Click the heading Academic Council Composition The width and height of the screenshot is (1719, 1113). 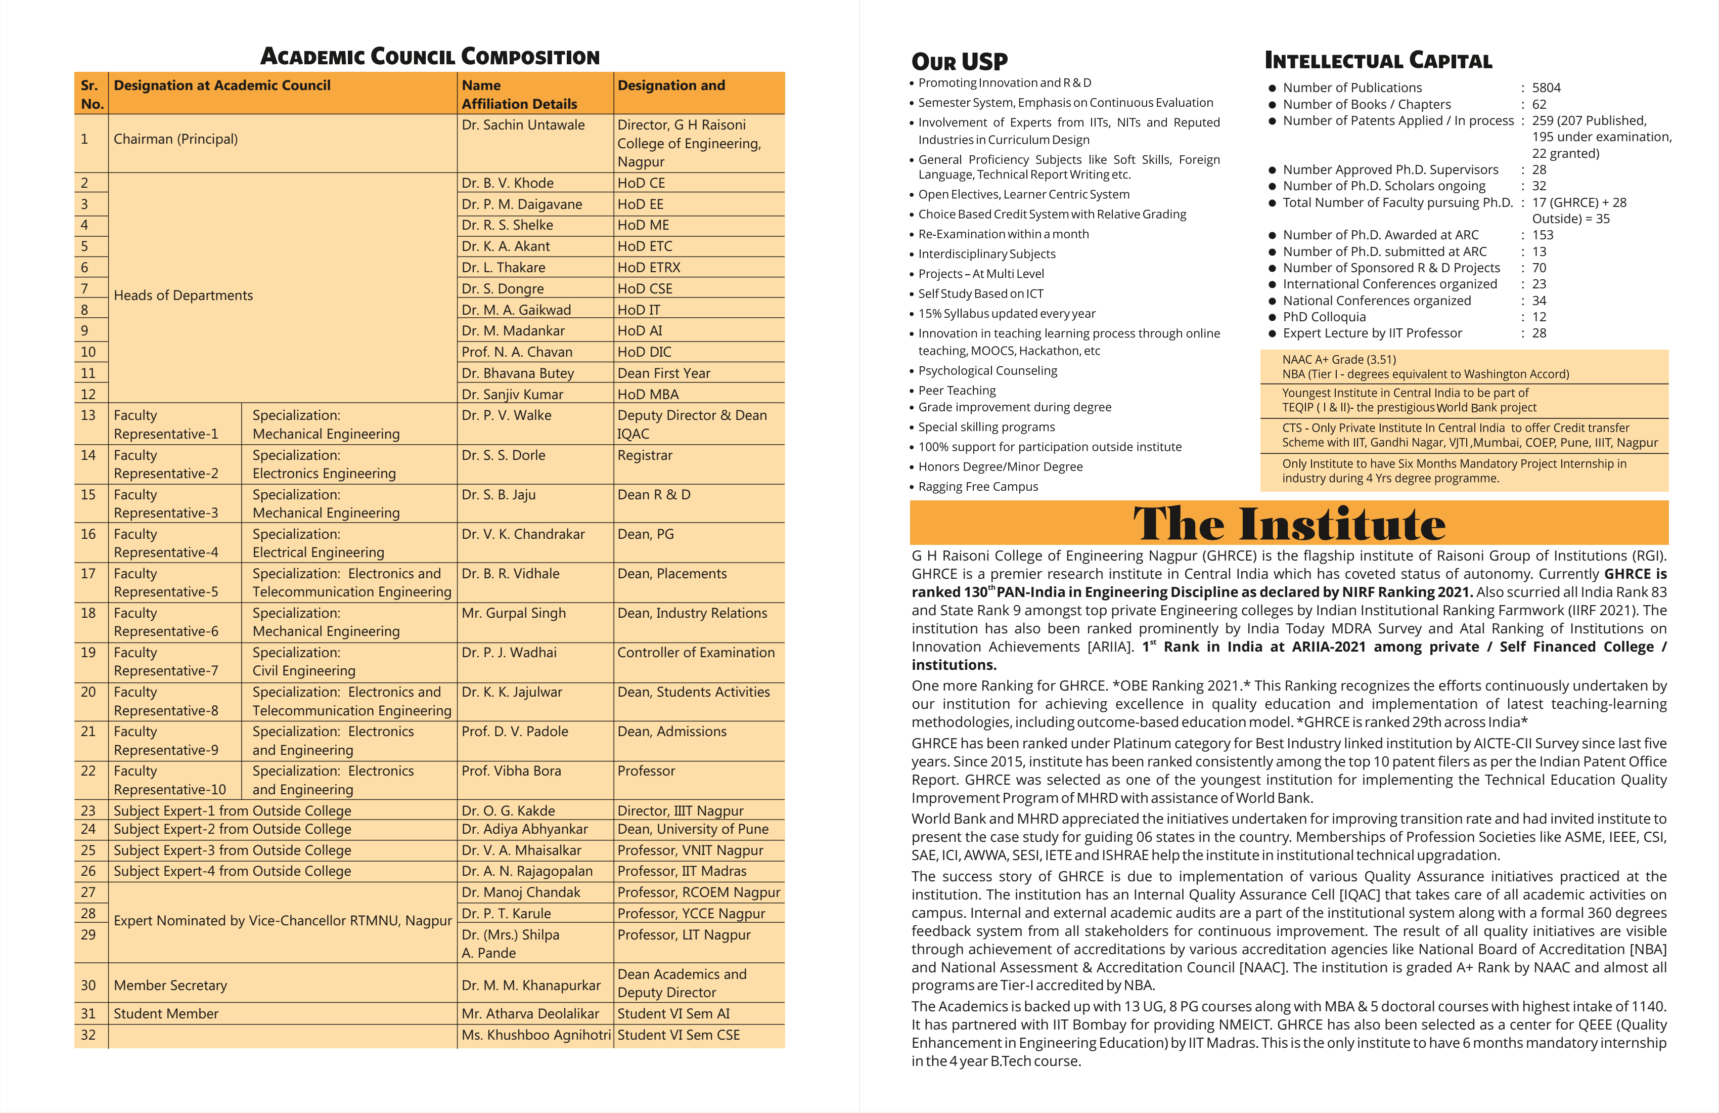coord(430,56)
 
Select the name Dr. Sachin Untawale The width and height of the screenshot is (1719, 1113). coord(523,125)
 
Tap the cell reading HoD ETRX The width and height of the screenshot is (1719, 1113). coord(649,268)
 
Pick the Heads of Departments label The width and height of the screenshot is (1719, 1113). coord(184,295)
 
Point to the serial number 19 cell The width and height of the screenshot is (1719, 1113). coord(88,653)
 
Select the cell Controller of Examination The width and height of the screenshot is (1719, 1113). coord(696,653)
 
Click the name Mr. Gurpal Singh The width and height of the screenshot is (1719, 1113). coord(514,613)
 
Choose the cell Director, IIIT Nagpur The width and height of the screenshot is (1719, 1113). coord(680,811)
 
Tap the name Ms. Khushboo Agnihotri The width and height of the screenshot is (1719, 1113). coord(535,1035)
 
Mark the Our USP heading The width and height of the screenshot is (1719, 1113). coord(959,61)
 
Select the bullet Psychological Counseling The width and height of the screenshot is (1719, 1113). coord(987,371)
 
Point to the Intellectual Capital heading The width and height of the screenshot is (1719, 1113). coord(1378,61)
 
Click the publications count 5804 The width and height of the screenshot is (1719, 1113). coord(1547,88)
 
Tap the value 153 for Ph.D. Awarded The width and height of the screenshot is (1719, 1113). coord(1543,235)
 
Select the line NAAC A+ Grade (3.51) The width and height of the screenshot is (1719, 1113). coord(1339,359)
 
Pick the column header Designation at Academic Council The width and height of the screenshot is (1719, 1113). coord(222,85)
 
